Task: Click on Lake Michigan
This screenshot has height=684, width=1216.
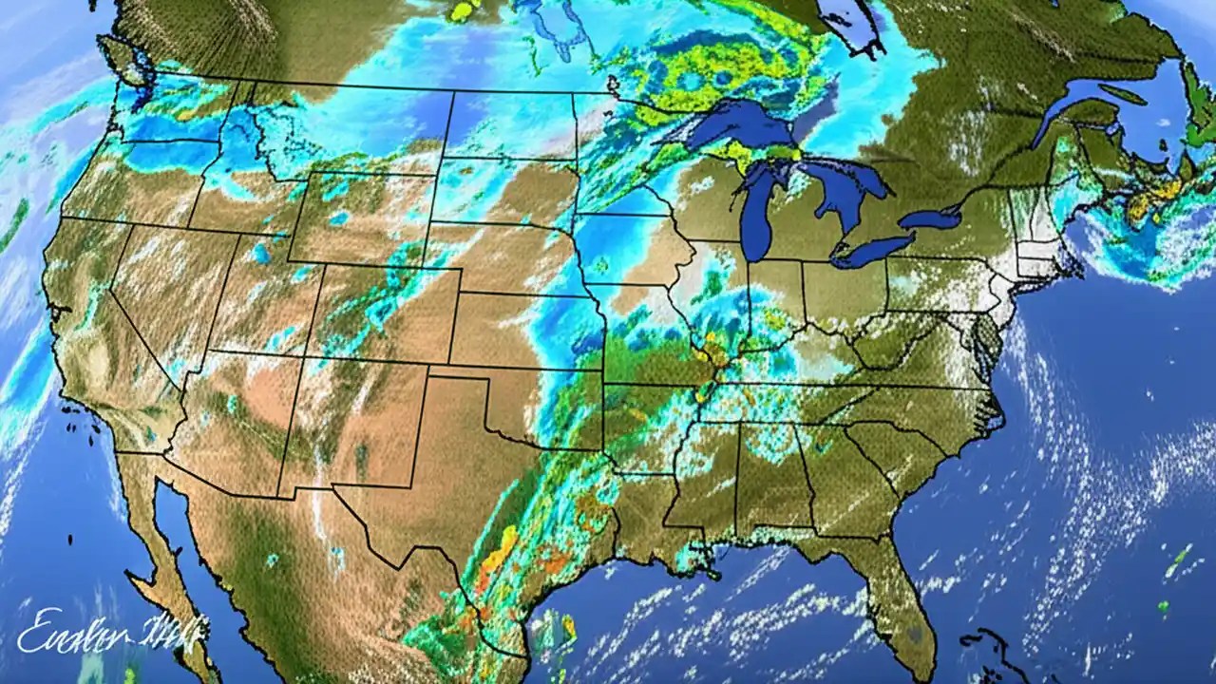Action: [x=755, y=214]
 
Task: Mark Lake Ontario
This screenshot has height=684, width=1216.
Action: [x=931, y=218]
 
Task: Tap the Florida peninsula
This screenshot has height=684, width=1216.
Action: [x=898, y=589]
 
